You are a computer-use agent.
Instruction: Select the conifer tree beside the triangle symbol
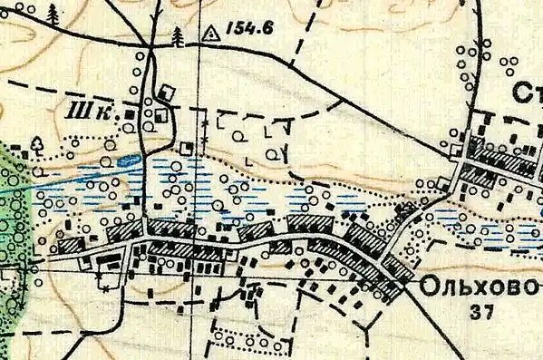click(x=178, y=36)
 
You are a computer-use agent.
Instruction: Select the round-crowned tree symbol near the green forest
click(x=37, y=143)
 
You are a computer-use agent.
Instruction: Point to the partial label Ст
click(x=526, y=93)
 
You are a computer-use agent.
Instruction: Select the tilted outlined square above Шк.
click(x=167, y=92)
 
